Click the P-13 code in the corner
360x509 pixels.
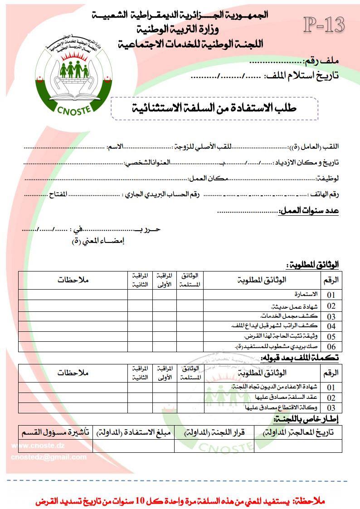pos(324,25)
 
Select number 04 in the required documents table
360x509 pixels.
pos(331,326)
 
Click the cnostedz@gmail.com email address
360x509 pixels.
pos(49,457)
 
